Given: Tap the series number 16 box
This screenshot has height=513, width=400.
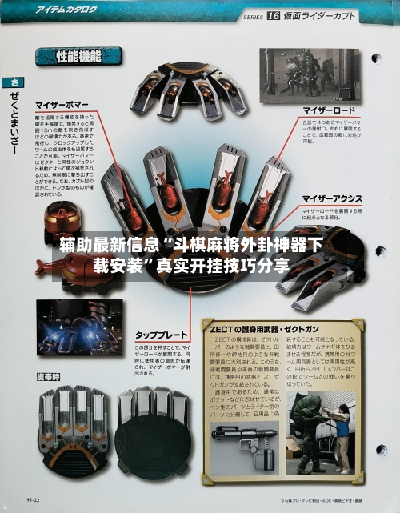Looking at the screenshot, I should tap(273, 15).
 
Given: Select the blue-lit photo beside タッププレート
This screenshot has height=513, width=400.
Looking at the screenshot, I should tap(79, 327).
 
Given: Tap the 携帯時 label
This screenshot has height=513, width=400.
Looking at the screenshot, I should tap(50, 376).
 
